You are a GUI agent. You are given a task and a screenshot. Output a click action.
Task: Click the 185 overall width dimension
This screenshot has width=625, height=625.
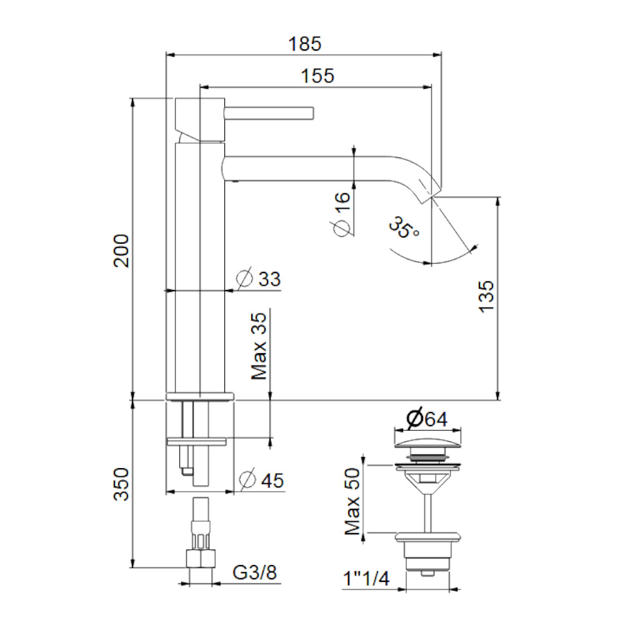coord(304,44)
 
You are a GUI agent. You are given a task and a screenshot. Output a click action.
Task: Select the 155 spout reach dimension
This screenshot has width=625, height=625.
coord(317,76)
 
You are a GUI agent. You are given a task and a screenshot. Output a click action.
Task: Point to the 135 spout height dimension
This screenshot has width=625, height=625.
coord(486,296)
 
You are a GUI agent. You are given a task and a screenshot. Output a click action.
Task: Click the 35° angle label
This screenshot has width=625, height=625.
coord(403,227)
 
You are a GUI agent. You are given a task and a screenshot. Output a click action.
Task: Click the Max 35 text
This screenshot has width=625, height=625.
coord(259,346)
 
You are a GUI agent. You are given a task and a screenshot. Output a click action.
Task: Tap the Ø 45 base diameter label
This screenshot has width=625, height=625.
coord(261,479)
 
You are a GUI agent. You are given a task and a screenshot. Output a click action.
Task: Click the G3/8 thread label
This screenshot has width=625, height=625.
coord(254,572)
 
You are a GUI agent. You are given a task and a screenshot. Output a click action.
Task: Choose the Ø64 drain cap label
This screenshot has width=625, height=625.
coord(426,419)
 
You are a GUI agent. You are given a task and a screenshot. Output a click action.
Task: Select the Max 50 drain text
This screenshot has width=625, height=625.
coord(352,501)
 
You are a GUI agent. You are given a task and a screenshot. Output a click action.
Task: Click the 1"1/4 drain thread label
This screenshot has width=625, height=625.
coord(366,579)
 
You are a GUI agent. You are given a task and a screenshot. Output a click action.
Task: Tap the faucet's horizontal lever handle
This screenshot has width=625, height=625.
coord(269,112)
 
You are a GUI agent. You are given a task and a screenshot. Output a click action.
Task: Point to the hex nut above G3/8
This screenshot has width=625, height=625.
coord(201,558)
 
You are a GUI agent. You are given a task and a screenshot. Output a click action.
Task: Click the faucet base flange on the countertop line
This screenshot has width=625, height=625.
coord(200,397)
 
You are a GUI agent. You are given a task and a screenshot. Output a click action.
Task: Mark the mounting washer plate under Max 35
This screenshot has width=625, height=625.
coord(197,441)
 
